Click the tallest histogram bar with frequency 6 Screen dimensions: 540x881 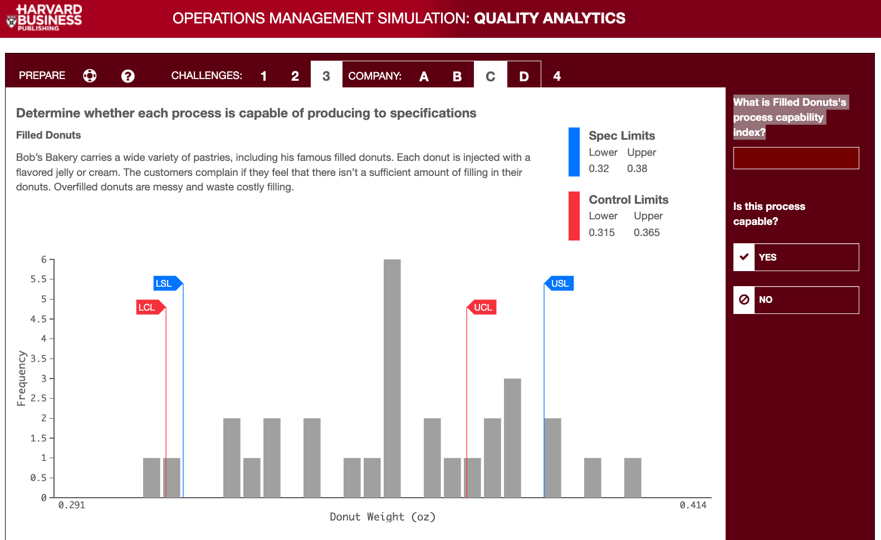[x=392, y=379]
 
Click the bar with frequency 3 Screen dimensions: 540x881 [x=512, y=438]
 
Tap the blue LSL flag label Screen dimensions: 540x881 [x=165, y=283]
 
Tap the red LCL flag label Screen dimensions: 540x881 [x=148, y=307]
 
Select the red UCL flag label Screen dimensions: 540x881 [x=482, y=307]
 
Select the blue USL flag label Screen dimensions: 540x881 [x=560, y=283]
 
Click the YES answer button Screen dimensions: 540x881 [x=796, y=257]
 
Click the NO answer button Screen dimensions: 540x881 [x=796, y=300]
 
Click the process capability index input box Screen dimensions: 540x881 [x=796, y=158]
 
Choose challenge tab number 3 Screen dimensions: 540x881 [x=326, y=76]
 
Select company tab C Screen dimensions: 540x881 [x=490, y=76]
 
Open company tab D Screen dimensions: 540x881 [x=524, y=76]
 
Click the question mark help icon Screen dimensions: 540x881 [x=128, y=76]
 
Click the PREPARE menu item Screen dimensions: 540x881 [x=42, y=75]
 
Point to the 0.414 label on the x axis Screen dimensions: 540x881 [x=693, y=505]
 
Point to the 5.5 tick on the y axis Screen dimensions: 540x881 [x=38, y=279]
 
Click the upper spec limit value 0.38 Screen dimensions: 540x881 [x=637, y=168]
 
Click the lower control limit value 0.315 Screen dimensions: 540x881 [x=601, y=232]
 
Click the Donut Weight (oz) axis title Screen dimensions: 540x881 [x=383, y=517]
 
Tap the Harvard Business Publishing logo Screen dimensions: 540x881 [x=45, y=18]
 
